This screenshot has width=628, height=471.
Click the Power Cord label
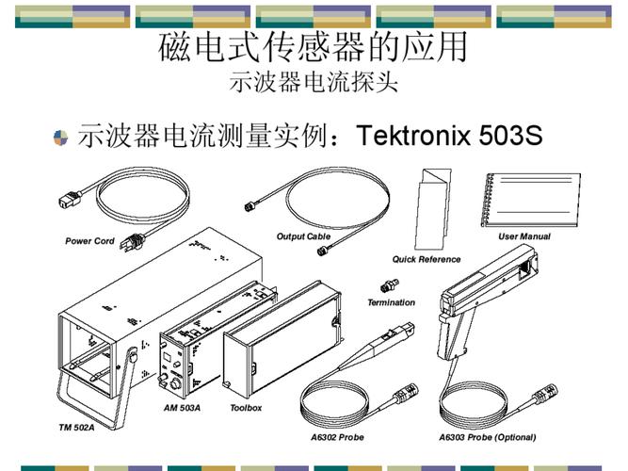[89, 241]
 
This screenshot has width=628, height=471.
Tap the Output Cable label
[303, 236]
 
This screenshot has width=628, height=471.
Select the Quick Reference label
[427, 259]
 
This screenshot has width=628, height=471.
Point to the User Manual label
[524, 236]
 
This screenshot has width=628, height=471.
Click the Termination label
[392, 302]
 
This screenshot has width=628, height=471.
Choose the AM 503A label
[182, 408]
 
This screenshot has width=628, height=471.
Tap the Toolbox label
[246, 408]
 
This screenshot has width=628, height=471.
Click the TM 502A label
[76, 428]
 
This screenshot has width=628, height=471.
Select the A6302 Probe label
[337, 437]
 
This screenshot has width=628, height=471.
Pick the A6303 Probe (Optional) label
[488, 437]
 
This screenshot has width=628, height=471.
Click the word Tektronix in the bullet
[413, 135]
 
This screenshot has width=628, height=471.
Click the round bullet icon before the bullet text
[61, 138]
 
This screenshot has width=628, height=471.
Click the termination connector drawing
[389, 285]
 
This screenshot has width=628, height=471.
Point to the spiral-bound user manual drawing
[531, 200]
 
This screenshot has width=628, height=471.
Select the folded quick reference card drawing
[432, 209]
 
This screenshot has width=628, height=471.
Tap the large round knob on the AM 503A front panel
[175, 384]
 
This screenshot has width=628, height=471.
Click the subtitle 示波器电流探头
[314, 83]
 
